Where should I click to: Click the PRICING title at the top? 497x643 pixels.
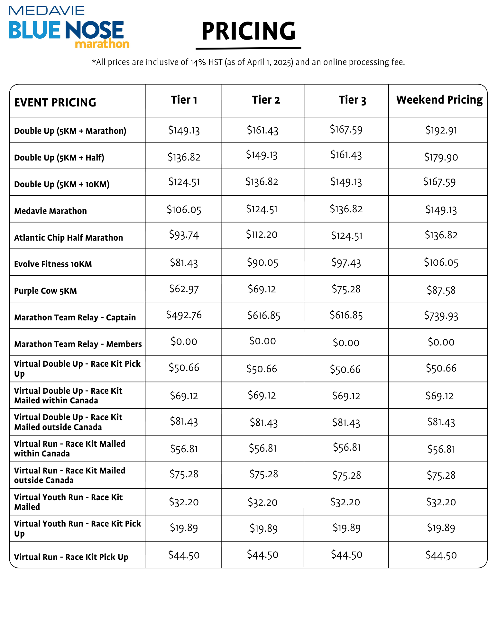pos(248,31)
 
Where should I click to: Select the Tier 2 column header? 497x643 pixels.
pos(266,100)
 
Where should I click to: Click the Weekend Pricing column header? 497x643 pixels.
pos(439,100)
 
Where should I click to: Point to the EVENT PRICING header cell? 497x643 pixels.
pos(55,102)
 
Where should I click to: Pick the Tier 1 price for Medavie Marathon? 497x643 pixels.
pos(184,210)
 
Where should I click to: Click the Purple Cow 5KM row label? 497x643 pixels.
pos(45,291)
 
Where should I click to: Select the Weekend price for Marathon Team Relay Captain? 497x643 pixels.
pos(441,316)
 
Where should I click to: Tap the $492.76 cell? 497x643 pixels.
pos(184,315)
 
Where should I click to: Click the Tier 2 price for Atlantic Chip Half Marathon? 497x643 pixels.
pos(262,234)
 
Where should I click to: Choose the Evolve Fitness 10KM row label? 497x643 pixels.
pos(53,264)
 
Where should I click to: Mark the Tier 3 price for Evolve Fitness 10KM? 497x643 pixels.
pos(346,263)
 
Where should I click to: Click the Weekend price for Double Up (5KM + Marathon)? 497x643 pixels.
pos(441,130)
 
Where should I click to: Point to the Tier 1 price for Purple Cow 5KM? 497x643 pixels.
pos(184,289)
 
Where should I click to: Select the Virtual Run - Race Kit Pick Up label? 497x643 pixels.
pos(71,557)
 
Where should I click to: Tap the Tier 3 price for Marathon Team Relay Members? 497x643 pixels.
pos(346,343)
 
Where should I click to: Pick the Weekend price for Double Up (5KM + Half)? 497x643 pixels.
pos(441,157)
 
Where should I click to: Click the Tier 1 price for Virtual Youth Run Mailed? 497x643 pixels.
pos(184,502)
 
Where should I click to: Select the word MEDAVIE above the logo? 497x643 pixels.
pos(47,10)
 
